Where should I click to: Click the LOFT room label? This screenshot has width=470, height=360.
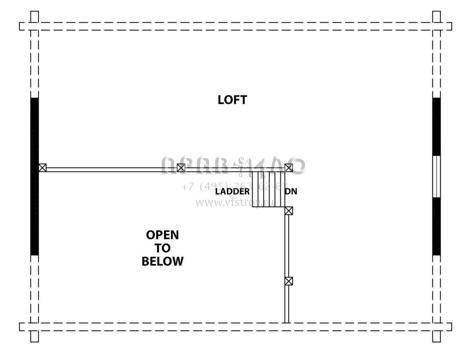232,100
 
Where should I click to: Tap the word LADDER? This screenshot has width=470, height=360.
232,192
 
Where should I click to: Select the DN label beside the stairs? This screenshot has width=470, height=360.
291,192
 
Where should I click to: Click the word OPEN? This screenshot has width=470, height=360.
162,235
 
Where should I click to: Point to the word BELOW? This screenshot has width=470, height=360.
162,261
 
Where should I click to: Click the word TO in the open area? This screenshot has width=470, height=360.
162,248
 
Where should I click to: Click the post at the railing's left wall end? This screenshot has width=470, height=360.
42,168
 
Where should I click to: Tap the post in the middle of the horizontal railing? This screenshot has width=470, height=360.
181,168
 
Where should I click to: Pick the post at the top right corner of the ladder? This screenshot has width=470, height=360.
289,168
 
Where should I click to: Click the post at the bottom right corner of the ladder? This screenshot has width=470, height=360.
289,211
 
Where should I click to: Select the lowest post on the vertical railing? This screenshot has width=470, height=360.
289,281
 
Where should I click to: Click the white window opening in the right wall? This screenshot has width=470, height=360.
436,176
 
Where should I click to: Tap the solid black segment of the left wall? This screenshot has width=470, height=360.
34,176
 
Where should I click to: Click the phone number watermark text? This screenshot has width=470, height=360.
234,186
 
